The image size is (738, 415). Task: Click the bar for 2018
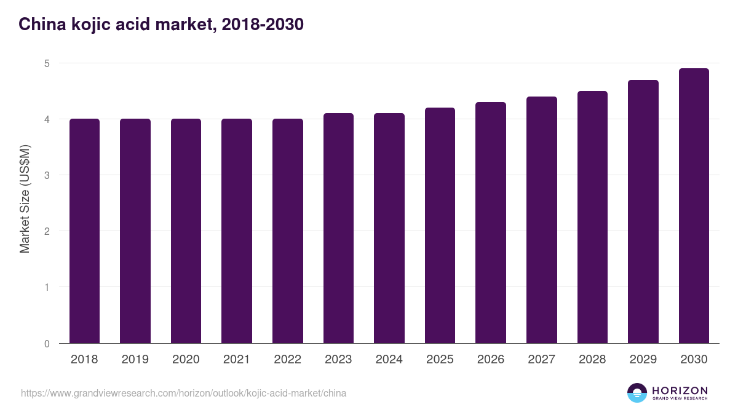pos(84,231)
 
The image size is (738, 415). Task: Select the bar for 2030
pos(694,206)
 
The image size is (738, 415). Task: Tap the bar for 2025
pos(440,225)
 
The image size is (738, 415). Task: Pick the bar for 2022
pos(287,231)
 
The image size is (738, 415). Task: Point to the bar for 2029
pos(643,211)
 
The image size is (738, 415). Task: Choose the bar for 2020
pos(186,231)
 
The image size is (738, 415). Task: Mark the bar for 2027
pos(542,219)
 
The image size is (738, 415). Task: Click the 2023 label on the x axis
pos(338,360)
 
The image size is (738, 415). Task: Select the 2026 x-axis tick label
pos(491,360)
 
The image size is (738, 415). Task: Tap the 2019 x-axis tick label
pos(135,360)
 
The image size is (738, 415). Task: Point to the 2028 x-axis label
pos(592,360)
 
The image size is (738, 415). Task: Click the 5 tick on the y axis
pos(47,63)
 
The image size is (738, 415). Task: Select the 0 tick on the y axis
pos(47,344)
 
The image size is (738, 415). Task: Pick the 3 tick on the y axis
pos(47,175)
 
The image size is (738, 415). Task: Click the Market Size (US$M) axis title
pos(25,199)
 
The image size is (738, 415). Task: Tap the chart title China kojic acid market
pos(161,25)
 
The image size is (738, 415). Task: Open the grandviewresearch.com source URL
pos(183,393)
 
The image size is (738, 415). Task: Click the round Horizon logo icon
pos(637,393)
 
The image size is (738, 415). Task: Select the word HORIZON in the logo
pos(680,390)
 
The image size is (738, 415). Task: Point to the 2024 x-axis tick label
pos(389,360)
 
